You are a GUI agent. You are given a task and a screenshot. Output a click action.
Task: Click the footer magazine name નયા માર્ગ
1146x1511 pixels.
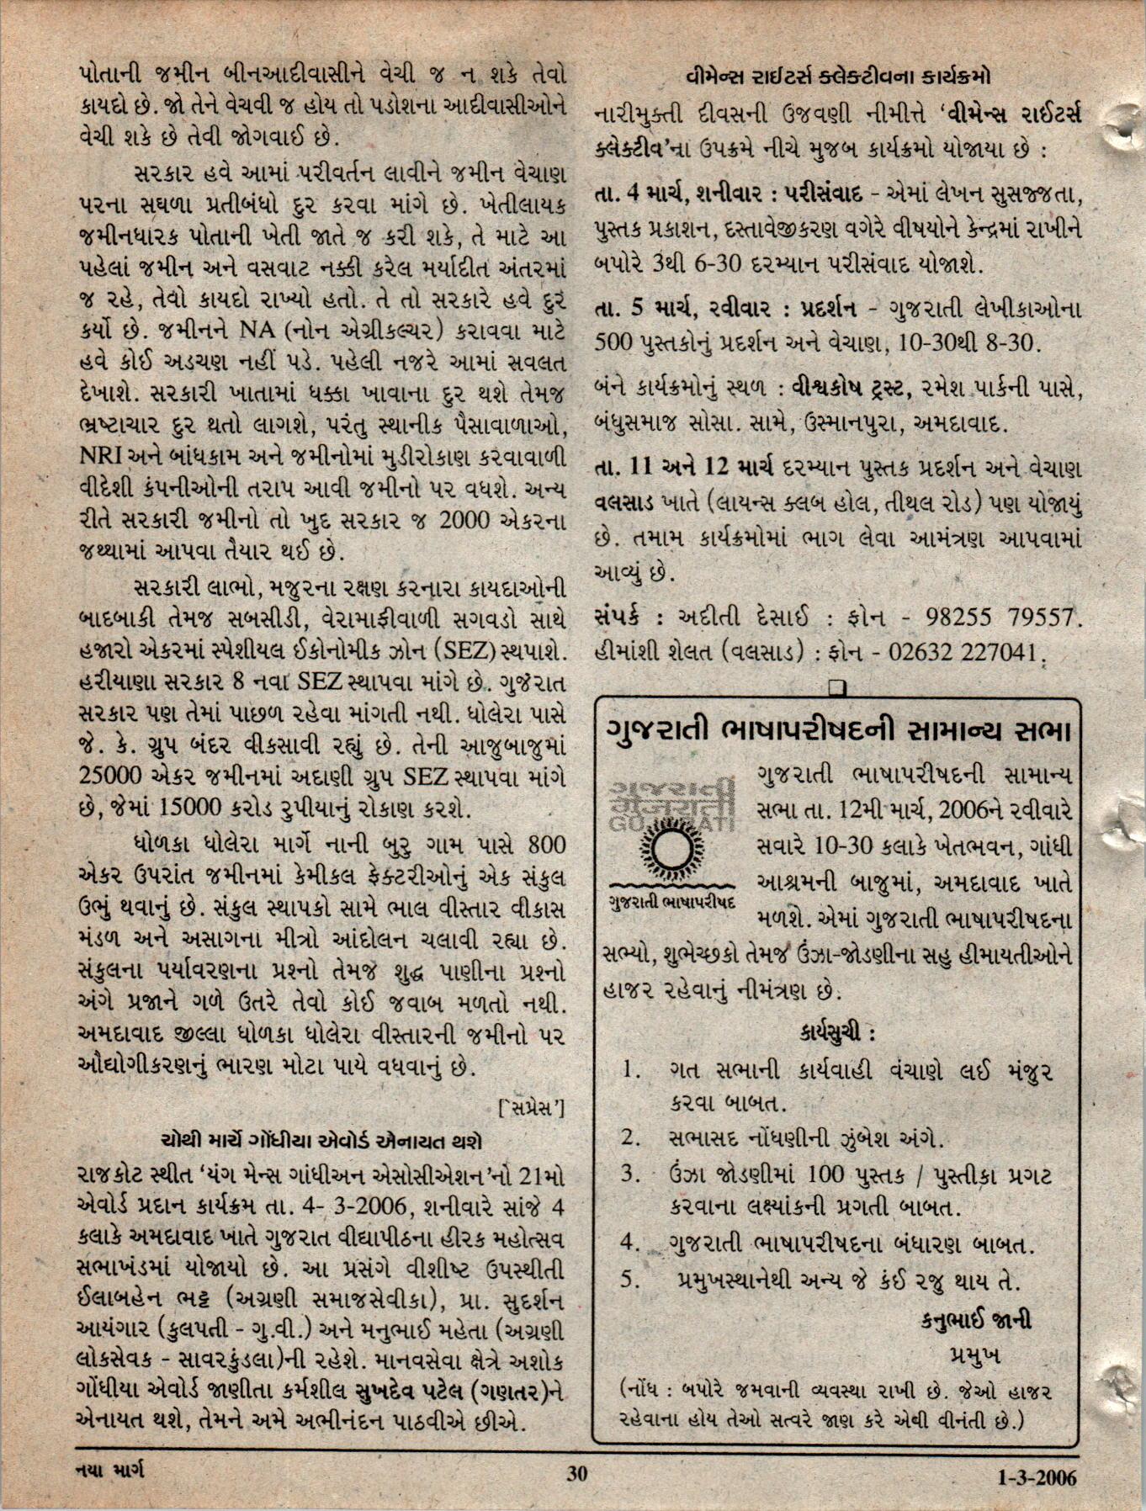click(x=109, y=1471)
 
